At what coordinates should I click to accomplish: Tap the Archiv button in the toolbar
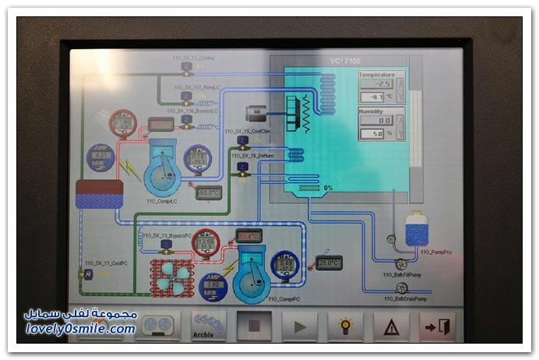click(x=208, y=326)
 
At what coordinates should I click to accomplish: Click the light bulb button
click(x=345, y=326)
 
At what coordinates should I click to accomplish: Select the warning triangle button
click(x=391, y=326)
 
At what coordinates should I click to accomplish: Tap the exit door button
click(x=436, y=326)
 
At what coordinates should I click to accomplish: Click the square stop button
click(x=254, y=326)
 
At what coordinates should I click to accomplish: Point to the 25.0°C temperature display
click(x=329, y=263)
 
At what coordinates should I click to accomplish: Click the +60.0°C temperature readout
click(x=208, y=192)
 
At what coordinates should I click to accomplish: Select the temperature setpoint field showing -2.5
click(x=376, y=83)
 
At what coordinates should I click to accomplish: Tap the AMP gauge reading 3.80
click(x=213, y=286)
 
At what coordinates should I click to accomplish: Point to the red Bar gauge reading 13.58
click(x=206, y=243)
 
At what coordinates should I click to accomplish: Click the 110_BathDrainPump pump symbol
click(x=402, y=288)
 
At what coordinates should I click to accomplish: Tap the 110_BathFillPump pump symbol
click(x=400, y=263)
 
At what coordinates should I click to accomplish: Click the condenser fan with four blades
click(x=171, y=275)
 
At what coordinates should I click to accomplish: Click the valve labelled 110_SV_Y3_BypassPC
click(x=166, y=245)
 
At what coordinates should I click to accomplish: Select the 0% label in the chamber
click(x=328, y=188)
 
